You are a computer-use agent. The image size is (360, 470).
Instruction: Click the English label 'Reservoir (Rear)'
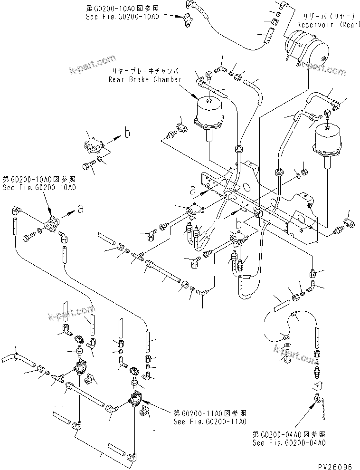(x=328, y=25)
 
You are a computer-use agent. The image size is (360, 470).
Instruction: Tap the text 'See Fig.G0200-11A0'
(x=209, y=421)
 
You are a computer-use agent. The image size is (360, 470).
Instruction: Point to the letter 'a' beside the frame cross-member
(x=192, y=191)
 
